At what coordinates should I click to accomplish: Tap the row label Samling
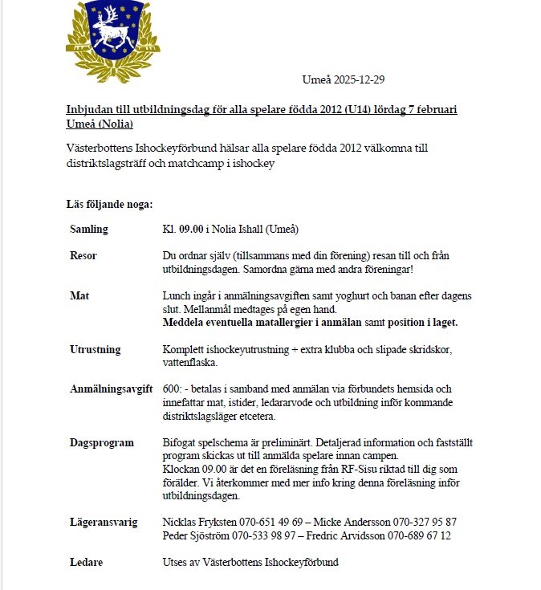[x=89, y=230]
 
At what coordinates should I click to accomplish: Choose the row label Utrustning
[x=95, y=349]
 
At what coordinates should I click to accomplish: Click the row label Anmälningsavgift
[x=111, y=389]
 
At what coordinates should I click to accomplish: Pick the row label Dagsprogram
[x=102, y=442]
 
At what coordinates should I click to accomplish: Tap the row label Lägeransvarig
[x=104, y=523]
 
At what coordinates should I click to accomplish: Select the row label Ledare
[x=86, y=563]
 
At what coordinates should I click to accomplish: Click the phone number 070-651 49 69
[x=267, y=523]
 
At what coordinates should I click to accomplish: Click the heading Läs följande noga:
[x=109, y=204]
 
